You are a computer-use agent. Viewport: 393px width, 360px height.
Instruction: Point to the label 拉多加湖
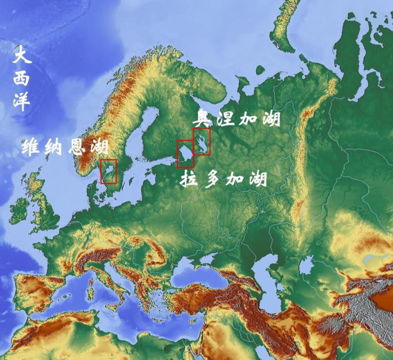[223, 180]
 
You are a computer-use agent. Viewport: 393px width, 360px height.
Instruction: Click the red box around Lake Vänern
[108, 171]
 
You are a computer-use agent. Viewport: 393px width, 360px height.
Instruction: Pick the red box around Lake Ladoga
[185, 154]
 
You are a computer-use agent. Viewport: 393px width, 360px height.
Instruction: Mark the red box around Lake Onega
[202, 141]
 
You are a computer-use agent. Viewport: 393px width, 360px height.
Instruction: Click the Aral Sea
[306, 264]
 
